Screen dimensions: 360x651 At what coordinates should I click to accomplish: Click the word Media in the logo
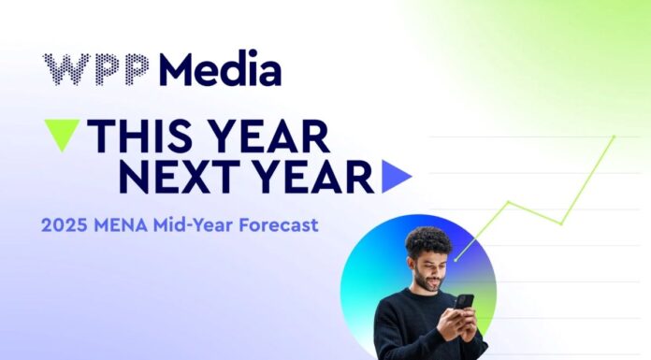[x=220, y=70]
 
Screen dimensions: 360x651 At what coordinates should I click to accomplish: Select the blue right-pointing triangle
[x=396, y=175]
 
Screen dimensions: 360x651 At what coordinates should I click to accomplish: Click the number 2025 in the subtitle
[x=64, y=224]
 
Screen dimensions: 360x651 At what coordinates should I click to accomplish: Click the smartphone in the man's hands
[x=464, y=301]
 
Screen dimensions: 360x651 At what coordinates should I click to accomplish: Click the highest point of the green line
[x=615, y=137]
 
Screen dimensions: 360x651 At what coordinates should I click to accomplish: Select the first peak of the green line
[x=509, y=201]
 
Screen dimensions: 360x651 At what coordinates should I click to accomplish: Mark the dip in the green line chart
[x=561, y=223]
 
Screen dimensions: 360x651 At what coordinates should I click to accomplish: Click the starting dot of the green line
[x=456, y=258]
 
